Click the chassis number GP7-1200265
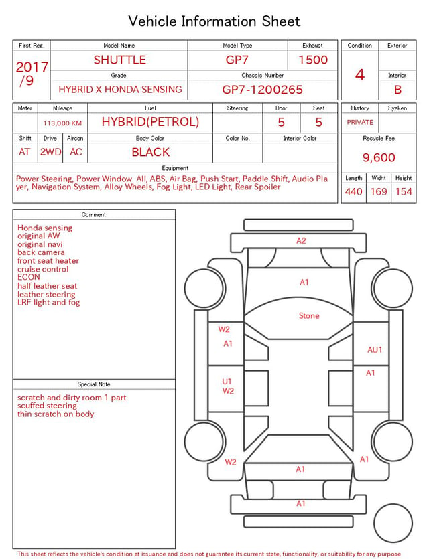pyautogui.click(x=262, y=90)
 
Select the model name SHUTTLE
pyautogui.click(x=119, y=60)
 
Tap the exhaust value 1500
pyautogui.click(x=313, y=60)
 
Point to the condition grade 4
pyautogui.click(x=360, y=75)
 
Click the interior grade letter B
pyautogui.click(x=397, y=90)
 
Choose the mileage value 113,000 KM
pyautogui.click(x=62, y=123)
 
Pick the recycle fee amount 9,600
pyautogui.click(x=379, y=157)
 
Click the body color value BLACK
pyautogui.click(x=151, y=152)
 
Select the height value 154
pyautogui.click(x=404, y=191)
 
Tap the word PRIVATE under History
pyautogui.click(x=360, y=122)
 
